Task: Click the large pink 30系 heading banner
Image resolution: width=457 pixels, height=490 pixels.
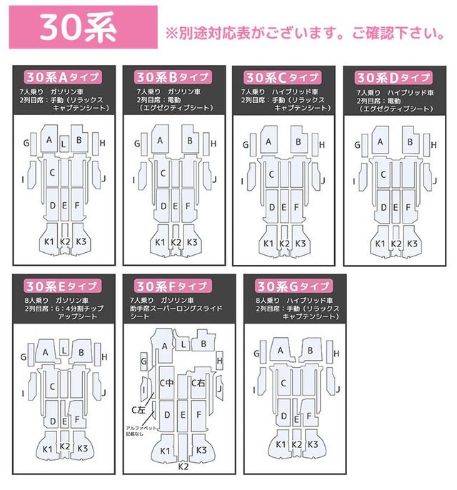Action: click(x=79, y=29)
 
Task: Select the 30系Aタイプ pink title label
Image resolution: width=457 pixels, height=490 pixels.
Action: click(x=61, y=76)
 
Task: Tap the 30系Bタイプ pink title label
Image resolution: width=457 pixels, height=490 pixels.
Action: click(x=171, y=76)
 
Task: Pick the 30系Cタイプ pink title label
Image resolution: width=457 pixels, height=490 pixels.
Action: click(x=281, y=76)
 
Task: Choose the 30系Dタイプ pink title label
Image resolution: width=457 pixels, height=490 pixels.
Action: click(x=392, y=76)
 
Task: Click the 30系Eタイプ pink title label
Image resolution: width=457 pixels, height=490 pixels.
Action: click(x=61, y=286)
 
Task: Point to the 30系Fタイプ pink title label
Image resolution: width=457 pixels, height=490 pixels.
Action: click(x=171, y=286)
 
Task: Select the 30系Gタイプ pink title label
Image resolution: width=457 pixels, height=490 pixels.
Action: click(x=283, y=286)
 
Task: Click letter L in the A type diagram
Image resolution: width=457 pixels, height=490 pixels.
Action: click(x=65, y=143)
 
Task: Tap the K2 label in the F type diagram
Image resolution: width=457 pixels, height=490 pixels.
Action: click(x=183, y=466)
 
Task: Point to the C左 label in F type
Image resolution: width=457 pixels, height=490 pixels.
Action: click(x=138, y=409)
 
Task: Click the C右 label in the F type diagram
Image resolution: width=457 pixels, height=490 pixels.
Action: click(x=199, y=383)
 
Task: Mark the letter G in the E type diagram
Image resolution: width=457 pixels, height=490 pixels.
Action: click(x=24, y=355)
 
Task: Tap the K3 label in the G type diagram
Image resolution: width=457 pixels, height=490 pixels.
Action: click(x=312, y=444)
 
